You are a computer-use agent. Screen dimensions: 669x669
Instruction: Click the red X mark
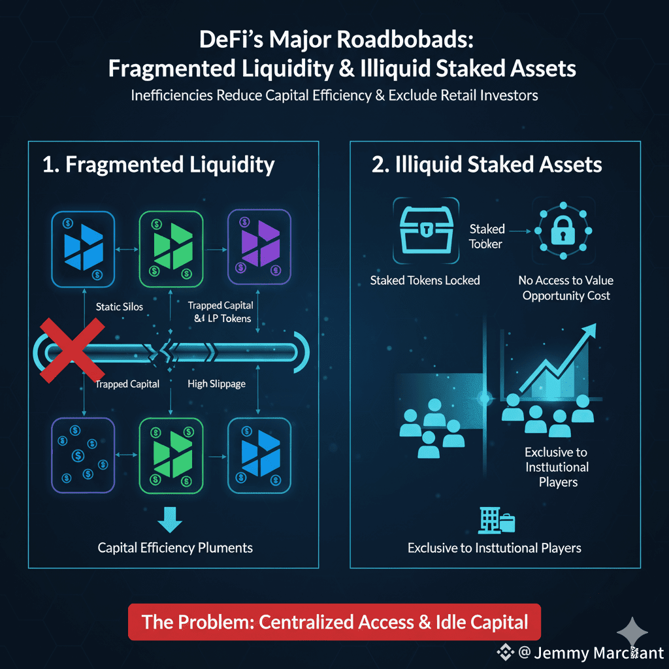point(73,350)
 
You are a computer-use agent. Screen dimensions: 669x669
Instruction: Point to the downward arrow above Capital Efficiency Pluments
point(171,519)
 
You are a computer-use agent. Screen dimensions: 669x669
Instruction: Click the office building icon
point(496,521)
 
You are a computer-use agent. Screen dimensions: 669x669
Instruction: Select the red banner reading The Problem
point(334,621)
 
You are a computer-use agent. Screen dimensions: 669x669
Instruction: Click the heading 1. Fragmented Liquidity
point(158,165)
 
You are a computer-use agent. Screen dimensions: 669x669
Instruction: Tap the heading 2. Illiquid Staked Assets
point(487,165)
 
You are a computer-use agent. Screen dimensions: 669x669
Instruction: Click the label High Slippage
point(216,384)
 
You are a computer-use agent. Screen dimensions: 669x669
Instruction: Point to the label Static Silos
point(120,306)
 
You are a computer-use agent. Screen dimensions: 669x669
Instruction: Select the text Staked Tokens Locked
point(425,280)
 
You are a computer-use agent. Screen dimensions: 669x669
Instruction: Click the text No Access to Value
point(566,280)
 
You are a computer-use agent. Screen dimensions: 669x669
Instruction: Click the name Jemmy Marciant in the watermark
point(598,653)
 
